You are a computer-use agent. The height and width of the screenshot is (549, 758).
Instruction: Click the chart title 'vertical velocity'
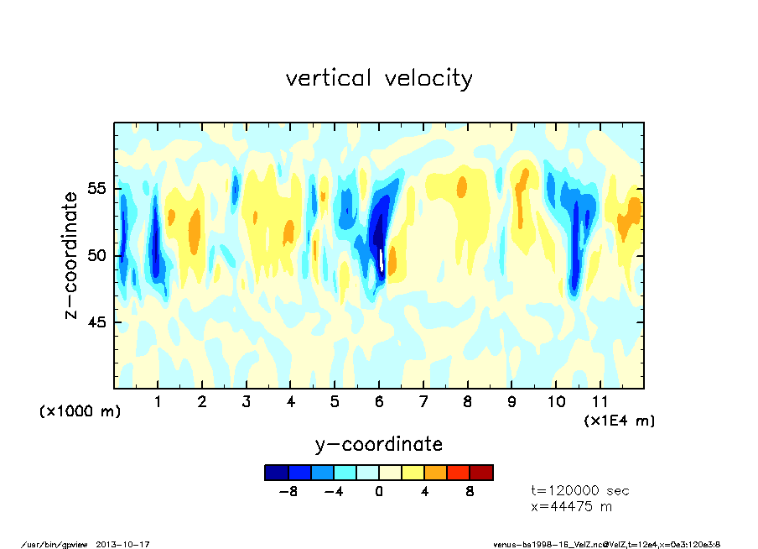point(379,78)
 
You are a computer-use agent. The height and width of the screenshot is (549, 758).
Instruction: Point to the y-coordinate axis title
point(378,443)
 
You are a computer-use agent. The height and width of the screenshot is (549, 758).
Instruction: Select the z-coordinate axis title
point(71,255)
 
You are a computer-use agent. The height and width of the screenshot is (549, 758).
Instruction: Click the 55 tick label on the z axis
point(98,188)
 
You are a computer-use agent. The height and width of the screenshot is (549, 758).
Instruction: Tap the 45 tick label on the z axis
point(98,322)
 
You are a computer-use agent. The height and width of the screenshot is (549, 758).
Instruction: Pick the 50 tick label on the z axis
point(98,255)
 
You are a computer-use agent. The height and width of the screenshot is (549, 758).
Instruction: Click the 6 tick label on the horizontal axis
point(380,401)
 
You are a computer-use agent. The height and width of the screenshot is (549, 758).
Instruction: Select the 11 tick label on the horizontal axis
point(600,401)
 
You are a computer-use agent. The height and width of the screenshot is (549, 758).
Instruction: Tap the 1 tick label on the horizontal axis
point(158,401)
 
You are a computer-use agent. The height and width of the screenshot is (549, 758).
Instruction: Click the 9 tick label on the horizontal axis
point(512,401)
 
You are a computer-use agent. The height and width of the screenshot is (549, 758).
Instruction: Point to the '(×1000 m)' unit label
point(80,411)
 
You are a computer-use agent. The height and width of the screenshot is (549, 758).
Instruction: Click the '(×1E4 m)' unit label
point(620,420)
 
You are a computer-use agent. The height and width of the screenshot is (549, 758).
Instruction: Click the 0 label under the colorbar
point(379,491)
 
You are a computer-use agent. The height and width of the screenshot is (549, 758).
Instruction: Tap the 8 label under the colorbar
point(470,491)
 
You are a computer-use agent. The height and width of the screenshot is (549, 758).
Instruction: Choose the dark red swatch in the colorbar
point(481,473)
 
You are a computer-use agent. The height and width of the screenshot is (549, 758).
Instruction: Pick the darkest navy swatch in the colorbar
point(276,473)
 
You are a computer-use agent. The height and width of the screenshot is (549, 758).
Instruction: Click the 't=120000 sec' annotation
point(580,490)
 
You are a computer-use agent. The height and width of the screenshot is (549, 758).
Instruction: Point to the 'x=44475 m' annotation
point(572,507)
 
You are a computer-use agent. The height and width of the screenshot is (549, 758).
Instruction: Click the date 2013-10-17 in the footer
point(129,544)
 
